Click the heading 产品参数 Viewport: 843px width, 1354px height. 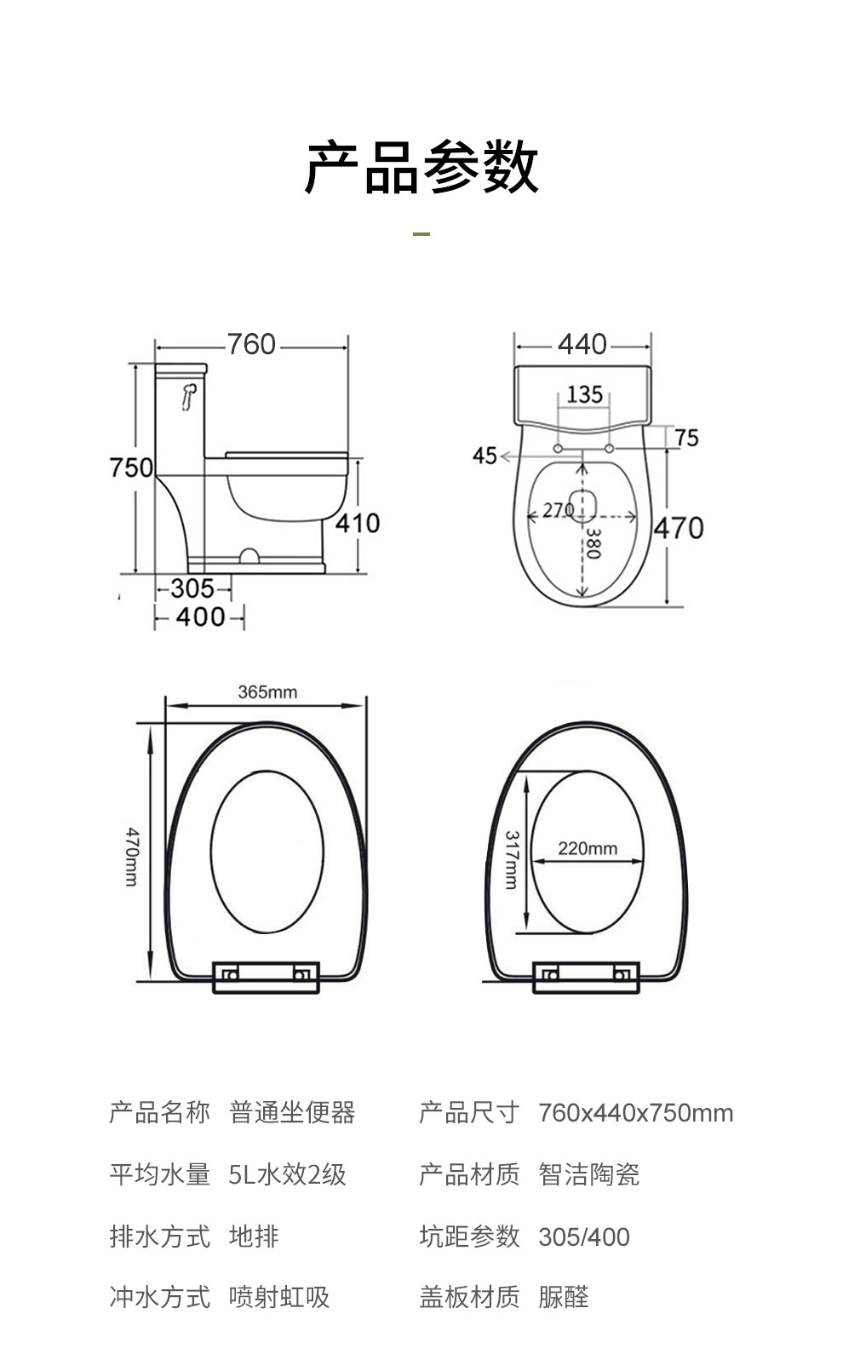pos(421,166)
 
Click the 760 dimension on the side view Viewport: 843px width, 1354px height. pos(251,345)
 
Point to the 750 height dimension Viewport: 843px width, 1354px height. pos(131,468)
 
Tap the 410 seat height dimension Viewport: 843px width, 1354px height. pos(357,523)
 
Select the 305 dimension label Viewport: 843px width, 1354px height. pos(192,588)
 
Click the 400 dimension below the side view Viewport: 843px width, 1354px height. pos(201,617)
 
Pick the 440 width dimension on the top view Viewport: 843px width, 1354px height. pos(582,345)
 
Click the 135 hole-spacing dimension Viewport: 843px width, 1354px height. pos(584,394)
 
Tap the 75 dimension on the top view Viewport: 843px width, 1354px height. pos(686,438)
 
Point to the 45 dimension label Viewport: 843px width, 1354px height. pos(484,456)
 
